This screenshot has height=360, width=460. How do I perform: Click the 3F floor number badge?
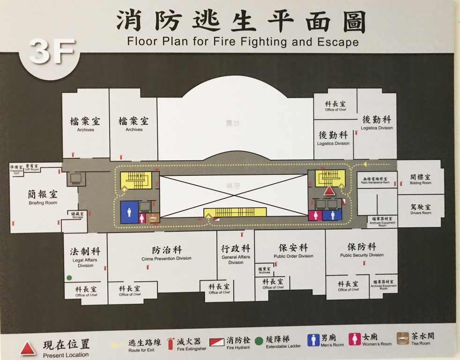52,52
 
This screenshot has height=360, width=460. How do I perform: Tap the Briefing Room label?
42,198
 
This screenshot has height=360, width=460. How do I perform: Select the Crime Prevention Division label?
166,254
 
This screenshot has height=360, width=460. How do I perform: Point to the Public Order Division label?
293,251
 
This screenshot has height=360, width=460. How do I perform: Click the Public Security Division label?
362,250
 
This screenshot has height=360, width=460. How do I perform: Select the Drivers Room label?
420,209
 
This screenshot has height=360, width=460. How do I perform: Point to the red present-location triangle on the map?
329,191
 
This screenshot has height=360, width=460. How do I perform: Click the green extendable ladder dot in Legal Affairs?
69,277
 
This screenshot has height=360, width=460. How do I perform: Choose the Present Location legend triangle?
28,348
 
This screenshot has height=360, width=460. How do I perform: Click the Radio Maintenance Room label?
376,180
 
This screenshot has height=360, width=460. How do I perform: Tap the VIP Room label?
32,167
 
